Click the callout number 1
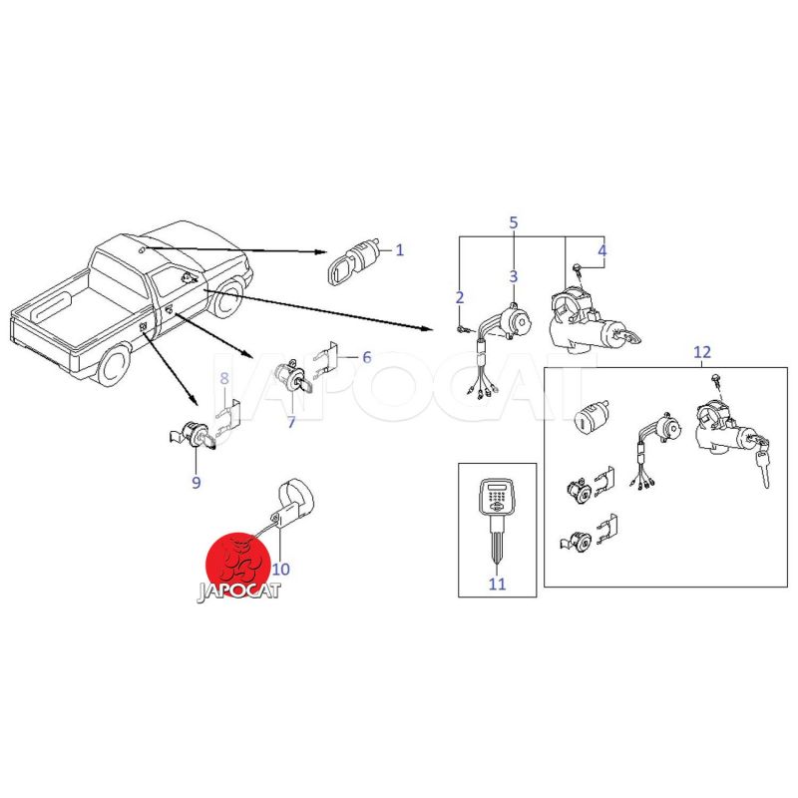click(400, 250)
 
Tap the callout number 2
click(460, 297)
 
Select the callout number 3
click(513, 276)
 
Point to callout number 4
click(602, 250)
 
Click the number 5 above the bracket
click(514, 222)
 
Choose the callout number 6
click(367, 357)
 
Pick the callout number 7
click(291, 422)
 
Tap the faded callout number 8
click(224, 378)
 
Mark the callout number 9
click(197, 482)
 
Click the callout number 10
click(281, 569)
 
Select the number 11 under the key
click(497, 584)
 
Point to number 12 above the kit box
click(702, 352)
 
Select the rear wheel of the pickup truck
click(114, 365)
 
